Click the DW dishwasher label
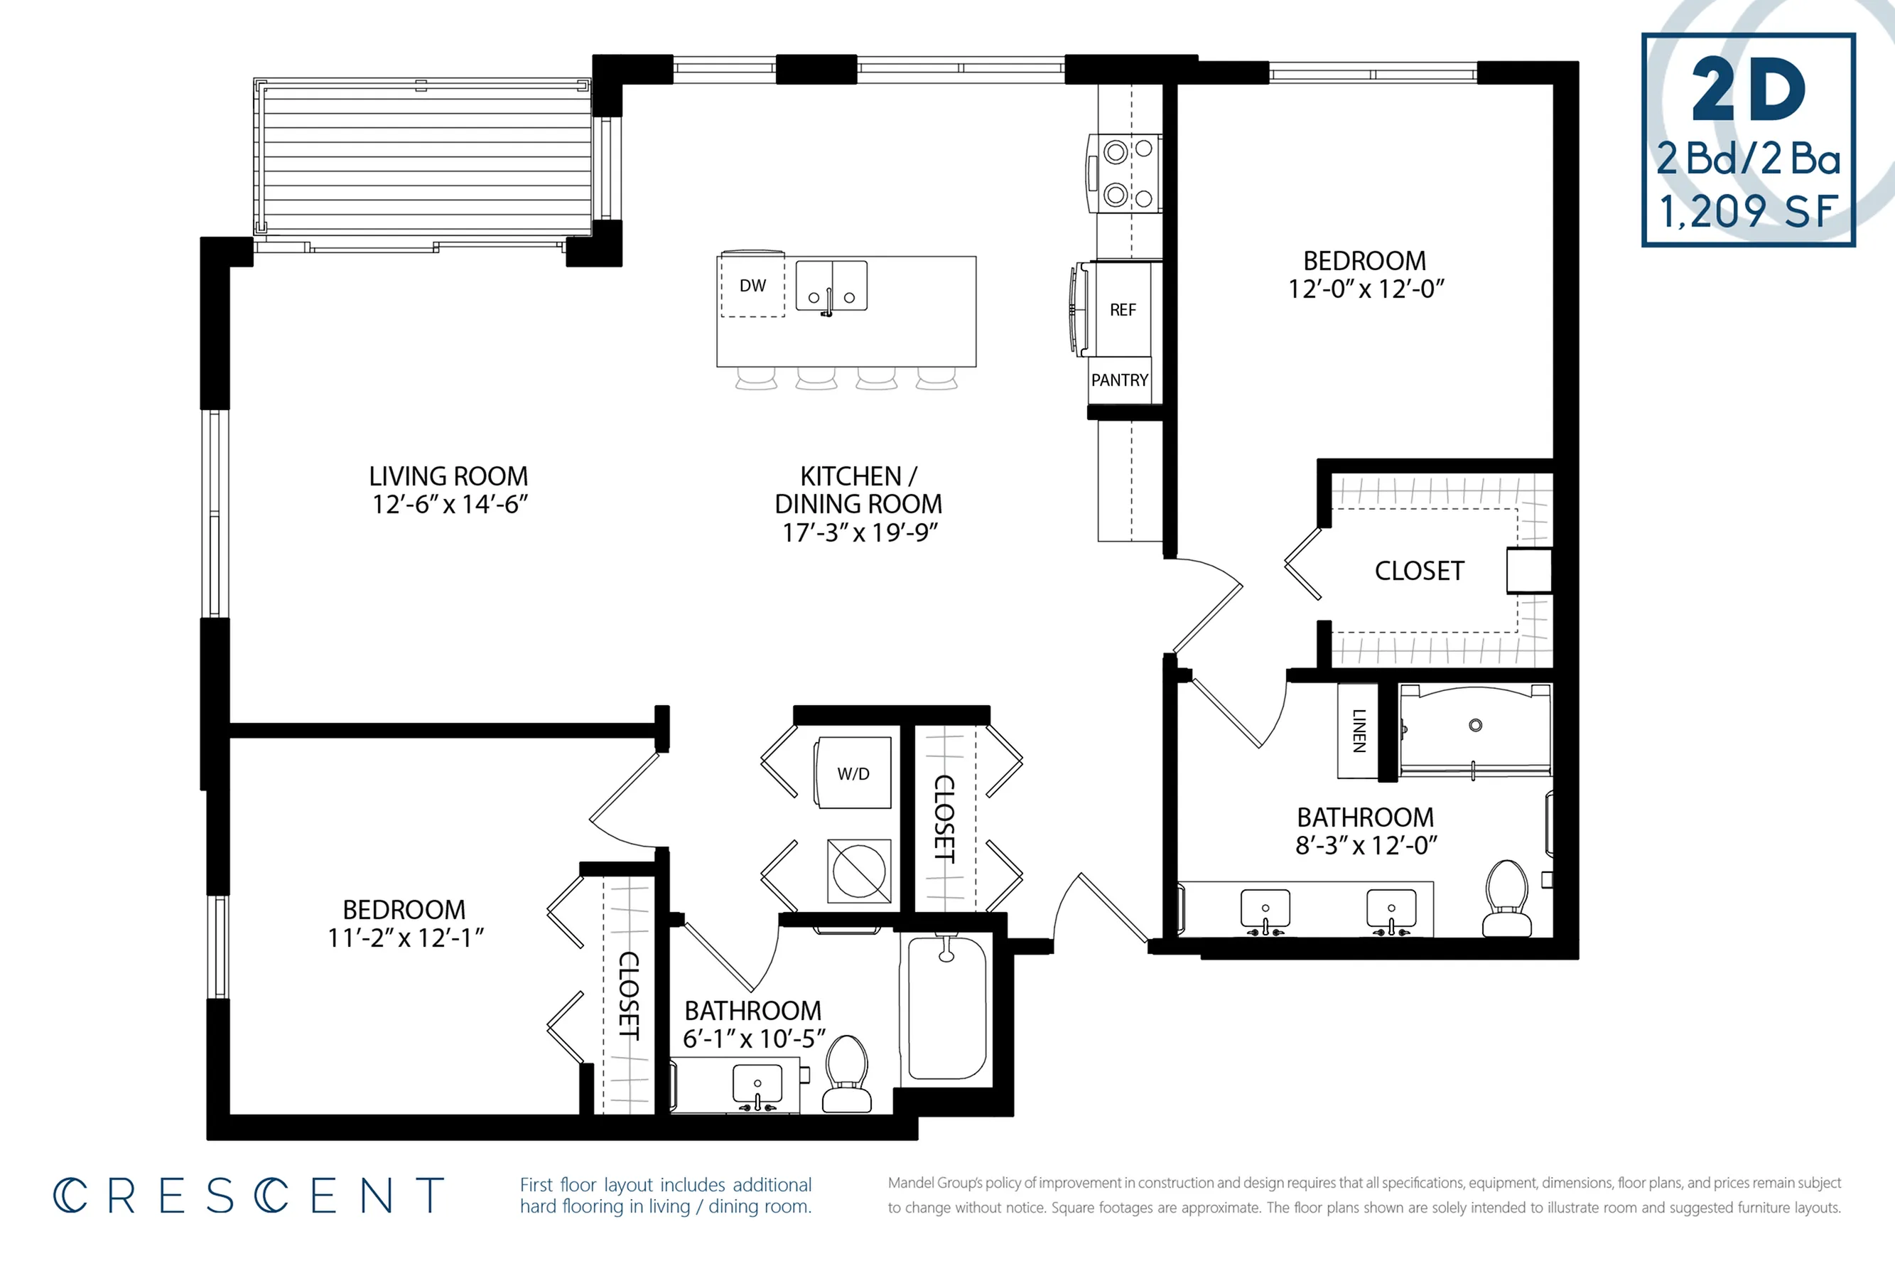752,285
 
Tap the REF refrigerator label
1123,310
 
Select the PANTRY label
1119,380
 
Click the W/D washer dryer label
853,773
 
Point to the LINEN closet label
1359,731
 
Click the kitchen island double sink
831,286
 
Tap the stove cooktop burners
1128,173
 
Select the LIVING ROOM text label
449,476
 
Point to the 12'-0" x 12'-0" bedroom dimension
1366,288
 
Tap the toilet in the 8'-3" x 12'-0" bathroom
1506,898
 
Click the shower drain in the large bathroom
1475,725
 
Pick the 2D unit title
1748,90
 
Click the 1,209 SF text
1748,212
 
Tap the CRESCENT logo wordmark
249,1196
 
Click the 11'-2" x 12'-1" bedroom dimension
405,938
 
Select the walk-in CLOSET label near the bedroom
1419,571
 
